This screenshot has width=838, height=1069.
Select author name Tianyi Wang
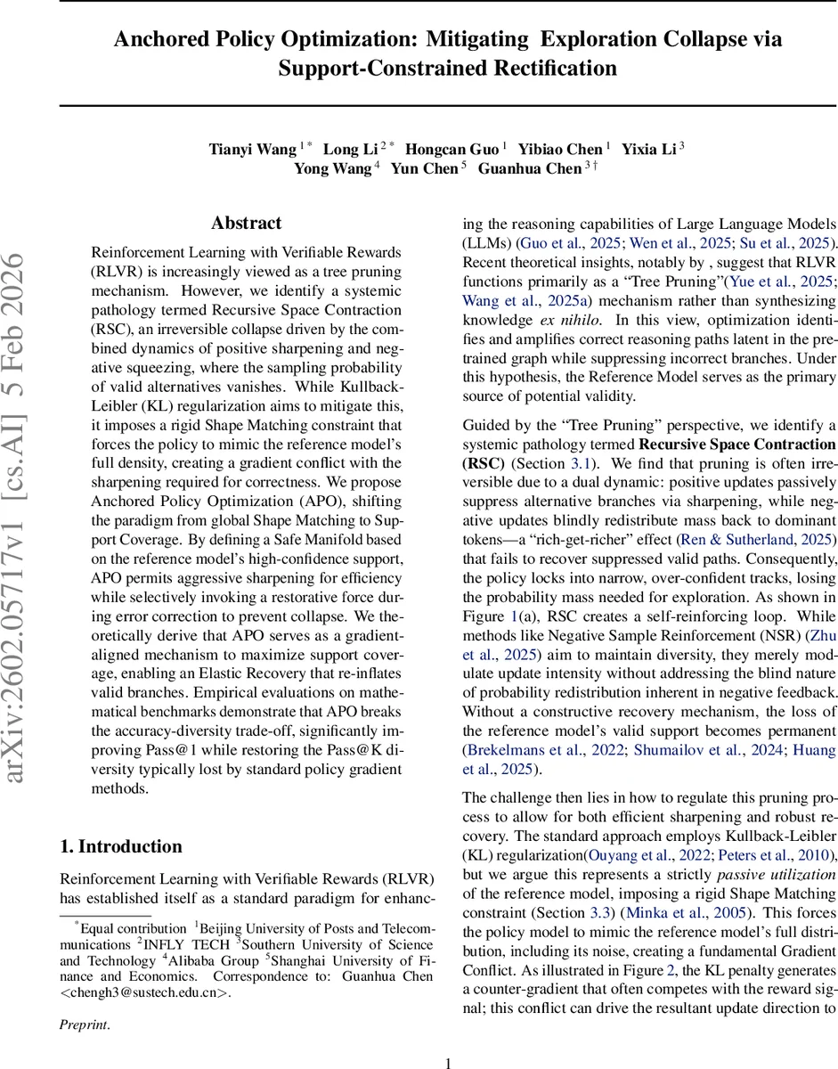click(x=253, y=148)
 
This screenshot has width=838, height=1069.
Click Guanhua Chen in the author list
click(x=529, y=168)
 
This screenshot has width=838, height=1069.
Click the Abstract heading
click(x=246, y=223)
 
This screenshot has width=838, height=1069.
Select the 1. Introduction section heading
click(x=120, y=846)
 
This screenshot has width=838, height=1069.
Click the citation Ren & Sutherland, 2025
click(x=756, y=539)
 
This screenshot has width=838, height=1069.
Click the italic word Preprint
click(x=85, y=1025)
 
